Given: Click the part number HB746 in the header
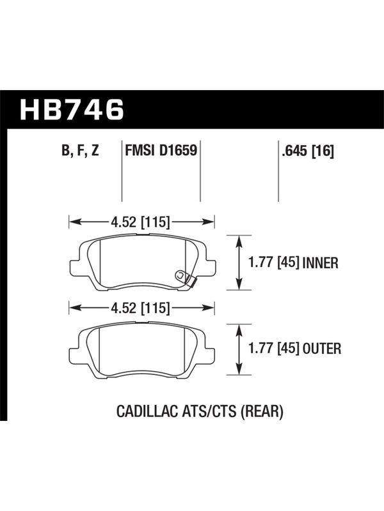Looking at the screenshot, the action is [72, 109].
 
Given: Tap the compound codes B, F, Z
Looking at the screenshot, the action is [80, 151].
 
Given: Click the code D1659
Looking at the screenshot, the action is [179, 150].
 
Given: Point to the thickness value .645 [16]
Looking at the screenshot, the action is [308, 151].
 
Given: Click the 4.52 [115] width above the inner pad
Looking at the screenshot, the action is [140, 222].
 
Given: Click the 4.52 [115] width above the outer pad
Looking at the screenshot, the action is [140, 308].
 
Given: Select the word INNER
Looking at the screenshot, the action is [321, 263].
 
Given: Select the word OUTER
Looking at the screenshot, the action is [322, 349].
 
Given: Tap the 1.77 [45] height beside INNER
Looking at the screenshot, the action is [274, 263].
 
